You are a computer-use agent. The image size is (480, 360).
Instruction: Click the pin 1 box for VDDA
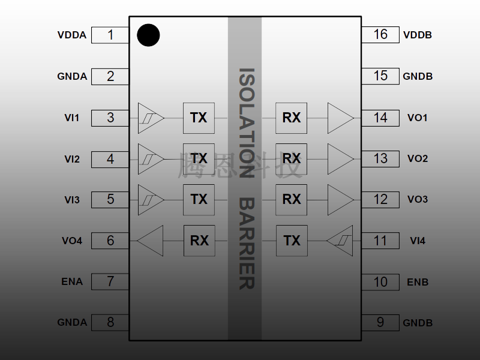coord(110,35)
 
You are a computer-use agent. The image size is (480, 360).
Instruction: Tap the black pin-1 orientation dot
coord(148,35)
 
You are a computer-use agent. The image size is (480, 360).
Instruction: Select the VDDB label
coord(418,35)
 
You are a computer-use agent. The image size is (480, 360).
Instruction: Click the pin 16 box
coord(380,34)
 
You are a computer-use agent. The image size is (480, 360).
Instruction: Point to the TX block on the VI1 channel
coord(199,118)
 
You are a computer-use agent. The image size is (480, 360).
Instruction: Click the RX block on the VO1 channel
coord(292,118)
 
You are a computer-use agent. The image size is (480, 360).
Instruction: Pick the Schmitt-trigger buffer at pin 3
coord(150,118)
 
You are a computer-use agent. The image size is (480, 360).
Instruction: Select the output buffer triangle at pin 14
coord(340,118)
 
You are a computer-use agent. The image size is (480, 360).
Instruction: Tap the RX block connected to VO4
coord(199,241)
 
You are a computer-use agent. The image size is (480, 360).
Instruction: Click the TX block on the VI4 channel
coord(292,241)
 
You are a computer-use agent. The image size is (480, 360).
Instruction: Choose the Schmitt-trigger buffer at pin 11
coord(341,241)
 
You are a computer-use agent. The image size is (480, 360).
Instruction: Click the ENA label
coord(72,281)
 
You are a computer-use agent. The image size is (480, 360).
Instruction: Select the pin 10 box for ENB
coord(380,282)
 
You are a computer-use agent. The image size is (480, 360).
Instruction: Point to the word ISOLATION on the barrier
coord(245,123)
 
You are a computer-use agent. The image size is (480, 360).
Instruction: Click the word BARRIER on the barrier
coord(245,243)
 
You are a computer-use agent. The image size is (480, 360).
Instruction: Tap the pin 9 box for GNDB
coord(380,322)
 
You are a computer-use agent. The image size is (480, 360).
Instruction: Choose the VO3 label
coord(418,199)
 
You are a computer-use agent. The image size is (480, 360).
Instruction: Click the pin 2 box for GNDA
coord(110,76)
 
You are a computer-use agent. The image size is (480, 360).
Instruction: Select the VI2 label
coord(72,159)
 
